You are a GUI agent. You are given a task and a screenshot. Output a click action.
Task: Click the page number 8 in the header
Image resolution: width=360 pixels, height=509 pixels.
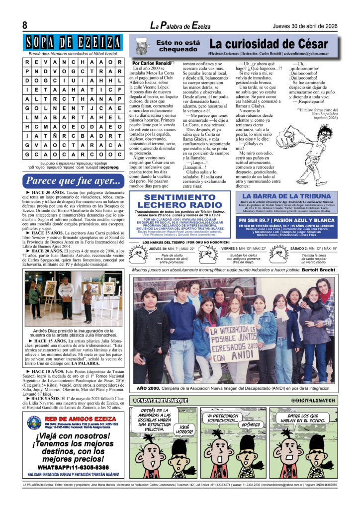24,26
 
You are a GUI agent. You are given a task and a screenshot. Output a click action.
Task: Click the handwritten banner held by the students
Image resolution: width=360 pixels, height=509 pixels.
233,338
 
